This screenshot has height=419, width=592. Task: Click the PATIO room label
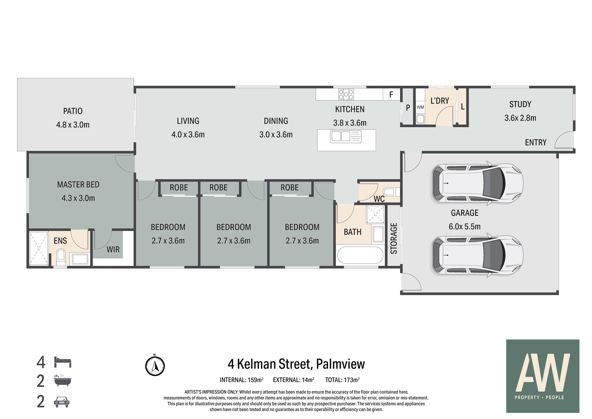(73, 111)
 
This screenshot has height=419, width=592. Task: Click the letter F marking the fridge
(391, 95)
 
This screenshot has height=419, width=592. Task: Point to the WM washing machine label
(420, 107)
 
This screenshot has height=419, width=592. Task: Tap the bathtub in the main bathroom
(360, 255)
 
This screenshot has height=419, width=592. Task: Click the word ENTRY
(536, 142)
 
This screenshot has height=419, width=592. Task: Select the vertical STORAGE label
(394, 238)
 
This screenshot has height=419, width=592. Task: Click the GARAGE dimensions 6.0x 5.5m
(465, 227)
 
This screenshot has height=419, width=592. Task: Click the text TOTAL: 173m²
(342, 380)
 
